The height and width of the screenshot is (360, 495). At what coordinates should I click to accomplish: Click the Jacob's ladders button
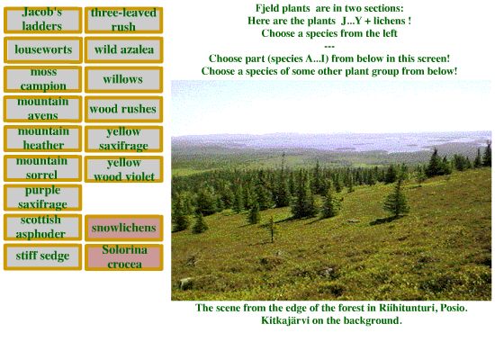coord(42,20)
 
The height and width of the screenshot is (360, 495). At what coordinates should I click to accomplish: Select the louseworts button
coord(43,49)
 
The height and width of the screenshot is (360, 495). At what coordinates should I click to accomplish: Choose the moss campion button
coord(42,79)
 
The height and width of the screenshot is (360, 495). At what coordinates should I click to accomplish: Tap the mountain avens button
coord(42,109)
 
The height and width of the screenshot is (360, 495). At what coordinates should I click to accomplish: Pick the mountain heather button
coord(42,139)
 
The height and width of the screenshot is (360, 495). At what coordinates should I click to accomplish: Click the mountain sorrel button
coord(42,168)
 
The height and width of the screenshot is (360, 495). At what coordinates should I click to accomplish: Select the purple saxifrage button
coord(42,198)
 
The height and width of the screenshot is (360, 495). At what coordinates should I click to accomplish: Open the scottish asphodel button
coord(42,228)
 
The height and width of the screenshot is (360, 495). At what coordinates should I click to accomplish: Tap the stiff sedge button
coord(42,257)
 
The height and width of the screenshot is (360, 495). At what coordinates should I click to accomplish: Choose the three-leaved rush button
coord(124,20)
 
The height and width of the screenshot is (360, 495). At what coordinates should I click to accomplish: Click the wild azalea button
coord(124,49)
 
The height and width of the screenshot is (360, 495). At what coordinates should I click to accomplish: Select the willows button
coord(124,79)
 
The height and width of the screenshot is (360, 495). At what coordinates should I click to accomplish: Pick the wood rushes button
coord(124,109)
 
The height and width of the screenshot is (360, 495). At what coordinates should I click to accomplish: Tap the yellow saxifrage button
coord(124,139)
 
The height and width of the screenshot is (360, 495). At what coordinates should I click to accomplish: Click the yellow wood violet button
coord(124,169)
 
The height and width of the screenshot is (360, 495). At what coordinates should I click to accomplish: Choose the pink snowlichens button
coord(124,228)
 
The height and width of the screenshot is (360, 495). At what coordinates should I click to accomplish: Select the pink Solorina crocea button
coord(124,257)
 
